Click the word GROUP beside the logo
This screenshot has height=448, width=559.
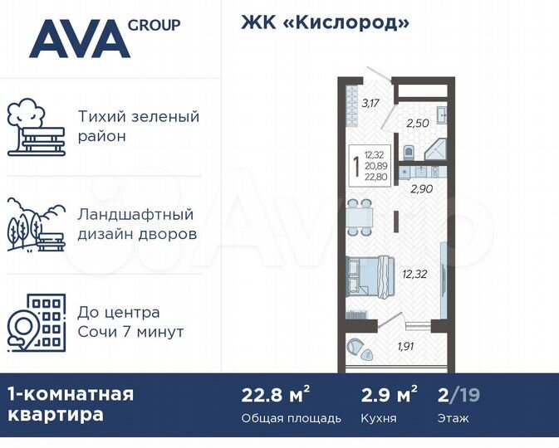coord(154,25)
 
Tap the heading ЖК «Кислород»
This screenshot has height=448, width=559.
coord(325,22)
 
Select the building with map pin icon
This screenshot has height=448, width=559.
coord(36,322)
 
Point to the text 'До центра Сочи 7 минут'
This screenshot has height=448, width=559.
coord(131,322)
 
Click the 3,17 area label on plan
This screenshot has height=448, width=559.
coord(370,104)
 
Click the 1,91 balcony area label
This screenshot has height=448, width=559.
coord(405,346)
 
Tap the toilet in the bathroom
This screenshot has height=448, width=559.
coord(408,152)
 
